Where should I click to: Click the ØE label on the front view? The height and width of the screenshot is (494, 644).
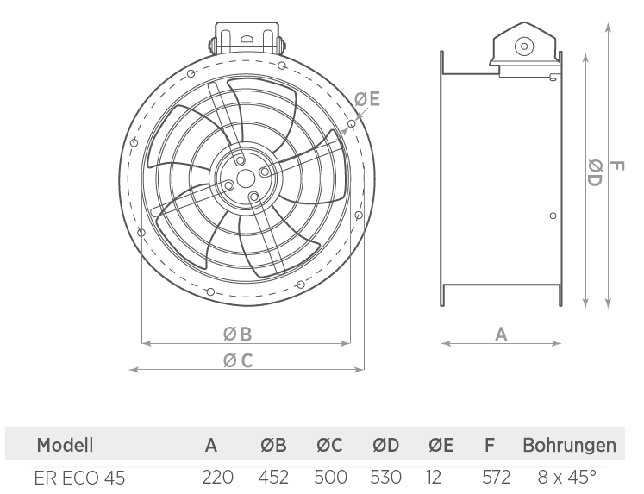(x=366, y=99)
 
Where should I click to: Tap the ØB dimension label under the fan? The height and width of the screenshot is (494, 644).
(x=237, y=334)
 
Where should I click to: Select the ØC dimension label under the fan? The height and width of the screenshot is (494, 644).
(x=238, y=360)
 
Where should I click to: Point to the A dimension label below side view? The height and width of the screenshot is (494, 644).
(x=501, y=335)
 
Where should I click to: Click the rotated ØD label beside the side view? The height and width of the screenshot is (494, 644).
(x=595, y=173)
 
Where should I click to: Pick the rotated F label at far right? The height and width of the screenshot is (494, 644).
(x=617, y=166)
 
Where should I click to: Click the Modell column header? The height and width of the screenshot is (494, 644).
(x=65, y=445)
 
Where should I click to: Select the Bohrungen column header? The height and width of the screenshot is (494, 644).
(x=569, y=445)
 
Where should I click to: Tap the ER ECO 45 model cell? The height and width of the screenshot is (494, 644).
(x=79, y=478)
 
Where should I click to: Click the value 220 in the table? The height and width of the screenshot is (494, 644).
(x=217, y=477)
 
